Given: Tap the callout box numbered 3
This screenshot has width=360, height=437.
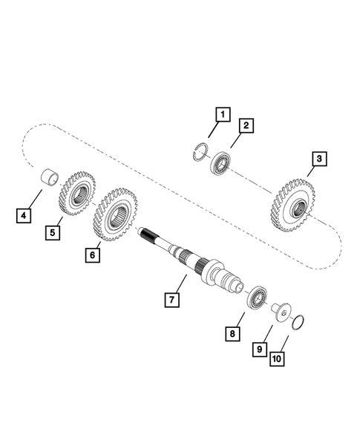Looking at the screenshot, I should (x=318, y=159).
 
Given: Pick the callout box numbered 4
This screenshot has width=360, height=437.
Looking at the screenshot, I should (x=24, y=216).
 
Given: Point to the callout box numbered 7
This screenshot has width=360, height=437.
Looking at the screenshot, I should (x=171, y=300).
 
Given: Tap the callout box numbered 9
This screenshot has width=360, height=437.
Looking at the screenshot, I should (x=261, y=347).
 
